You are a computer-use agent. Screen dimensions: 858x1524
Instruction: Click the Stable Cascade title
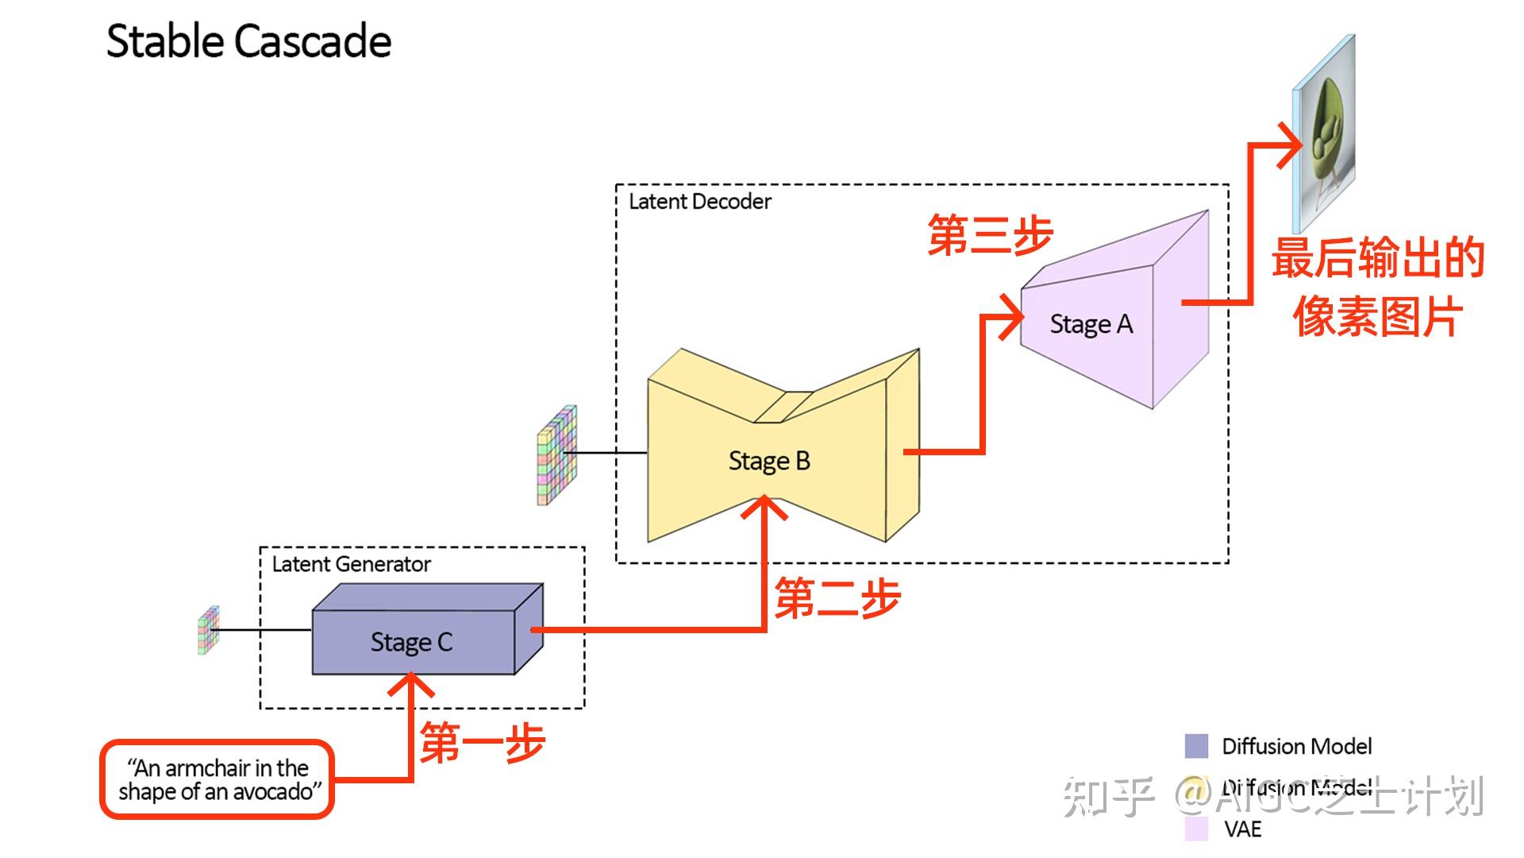point(248,41)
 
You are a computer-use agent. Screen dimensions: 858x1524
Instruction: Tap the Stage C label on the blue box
point(411,642)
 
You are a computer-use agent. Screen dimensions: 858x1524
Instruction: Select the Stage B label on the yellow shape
point(768,461)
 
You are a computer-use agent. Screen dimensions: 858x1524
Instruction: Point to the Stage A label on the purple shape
point(1091,324)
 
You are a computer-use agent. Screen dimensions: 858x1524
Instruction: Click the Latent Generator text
point(351,564)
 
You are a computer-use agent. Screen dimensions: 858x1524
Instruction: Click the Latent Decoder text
point(699,202)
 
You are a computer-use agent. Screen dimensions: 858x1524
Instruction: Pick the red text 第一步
point(482,743)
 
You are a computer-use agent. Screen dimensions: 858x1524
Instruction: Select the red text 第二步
point(837,598)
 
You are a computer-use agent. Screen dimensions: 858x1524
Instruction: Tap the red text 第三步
point(990,235)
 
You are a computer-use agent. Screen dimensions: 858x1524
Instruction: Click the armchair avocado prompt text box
point(217,779)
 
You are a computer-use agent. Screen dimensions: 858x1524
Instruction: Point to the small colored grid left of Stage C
point(208,630)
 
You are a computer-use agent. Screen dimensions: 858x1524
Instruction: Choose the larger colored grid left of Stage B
point(556,455)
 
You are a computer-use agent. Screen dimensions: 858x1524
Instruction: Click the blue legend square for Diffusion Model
point(1195,746)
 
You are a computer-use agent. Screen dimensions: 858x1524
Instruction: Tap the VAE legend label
point(1242,829)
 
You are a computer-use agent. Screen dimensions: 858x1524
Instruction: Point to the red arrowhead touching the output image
point(1291,145)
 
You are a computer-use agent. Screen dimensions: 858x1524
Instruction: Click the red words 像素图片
point(1377,316)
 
